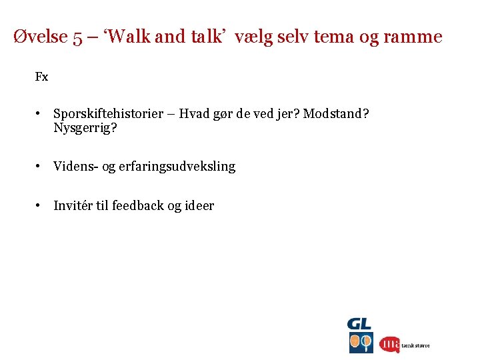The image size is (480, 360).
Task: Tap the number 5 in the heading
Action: (79, 37)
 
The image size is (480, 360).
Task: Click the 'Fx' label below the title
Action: (41, 77)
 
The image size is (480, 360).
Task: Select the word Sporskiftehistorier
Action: (108, 114)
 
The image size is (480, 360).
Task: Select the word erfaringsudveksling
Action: (177, 167)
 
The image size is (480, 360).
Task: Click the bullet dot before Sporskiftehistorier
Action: (40, 114)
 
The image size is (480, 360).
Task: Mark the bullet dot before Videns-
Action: (40, 166)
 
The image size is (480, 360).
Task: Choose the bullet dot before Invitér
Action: (40, 205)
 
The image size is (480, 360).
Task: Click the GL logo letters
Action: (360, 325)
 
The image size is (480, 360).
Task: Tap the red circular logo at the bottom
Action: (389, 344)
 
